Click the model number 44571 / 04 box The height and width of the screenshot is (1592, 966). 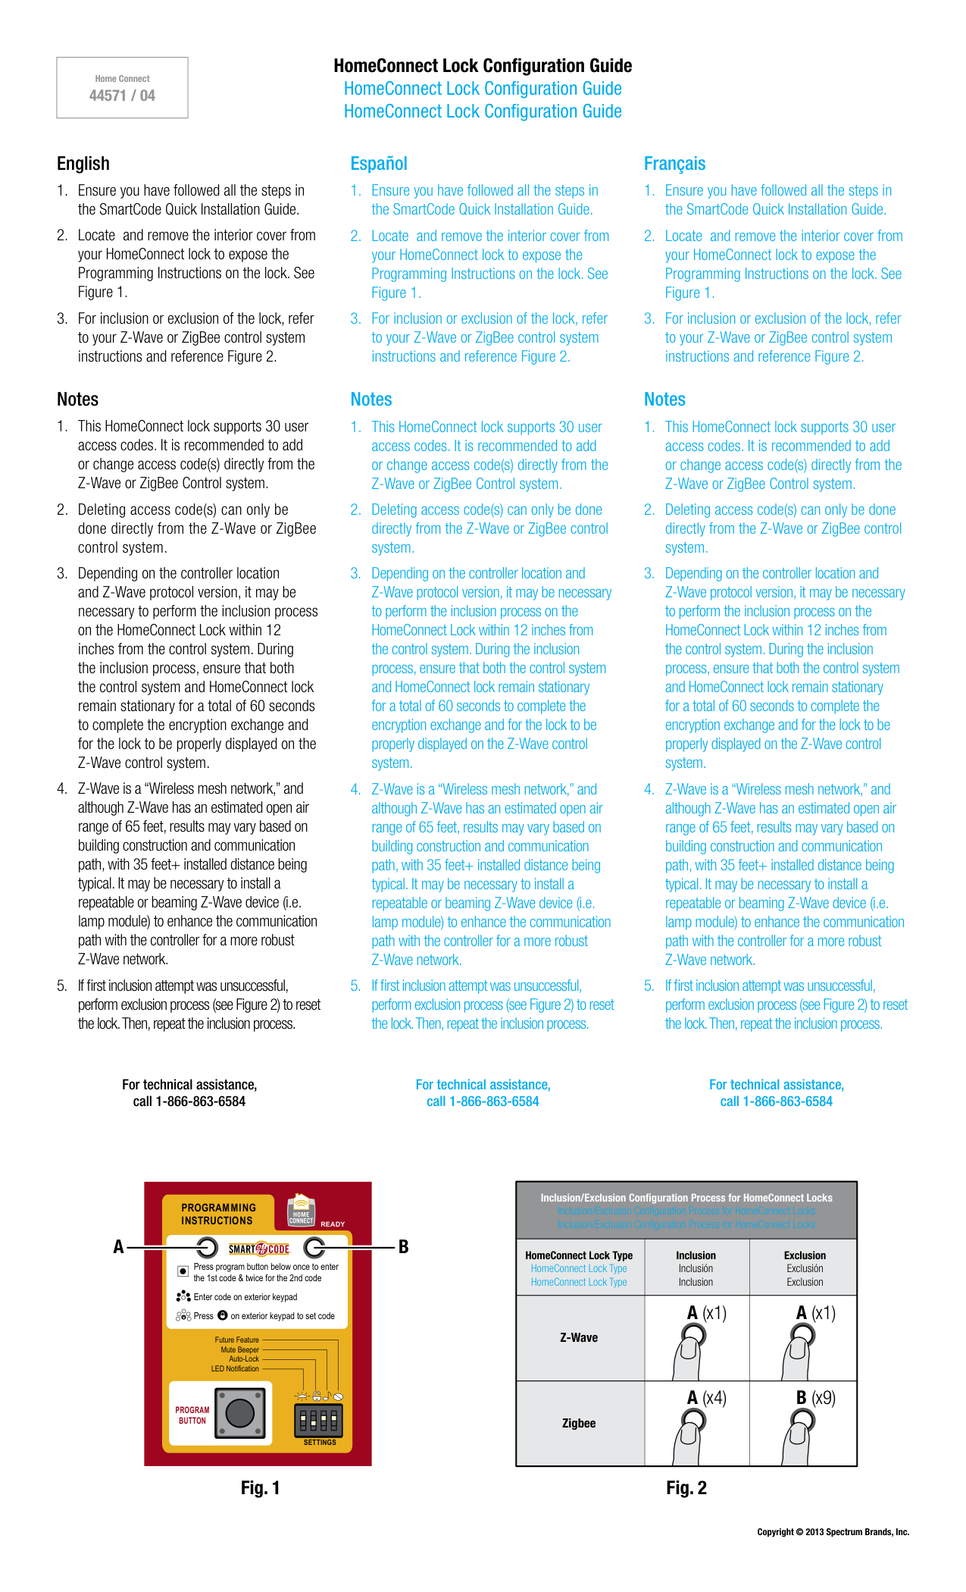[122, 88]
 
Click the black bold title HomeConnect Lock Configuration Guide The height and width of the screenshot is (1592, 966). [483, 66]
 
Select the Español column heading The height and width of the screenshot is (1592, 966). [378, 164]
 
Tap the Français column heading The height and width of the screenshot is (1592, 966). [674, 164]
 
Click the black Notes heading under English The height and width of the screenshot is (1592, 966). [77, 400]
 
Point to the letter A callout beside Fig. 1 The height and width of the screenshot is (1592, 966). [118, 1247]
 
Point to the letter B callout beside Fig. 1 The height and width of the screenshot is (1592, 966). [404, 1247]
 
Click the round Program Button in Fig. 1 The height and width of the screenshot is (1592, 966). [240, 1413]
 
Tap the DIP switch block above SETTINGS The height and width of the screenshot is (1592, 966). [318, 1420]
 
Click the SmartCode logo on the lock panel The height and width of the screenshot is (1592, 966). [259, 1249]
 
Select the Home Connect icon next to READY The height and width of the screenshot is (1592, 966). [301, 1211]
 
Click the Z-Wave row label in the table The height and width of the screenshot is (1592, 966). [579, 1338]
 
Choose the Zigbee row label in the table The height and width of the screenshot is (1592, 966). [579, 1424]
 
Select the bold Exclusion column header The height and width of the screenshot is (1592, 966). [805, 1255]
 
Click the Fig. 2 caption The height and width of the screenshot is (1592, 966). [686, 1488]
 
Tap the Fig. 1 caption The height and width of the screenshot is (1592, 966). [260, 1488]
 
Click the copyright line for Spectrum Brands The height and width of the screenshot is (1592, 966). [833, 1532]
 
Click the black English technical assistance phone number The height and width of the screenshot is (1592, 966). [189, 1102]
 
